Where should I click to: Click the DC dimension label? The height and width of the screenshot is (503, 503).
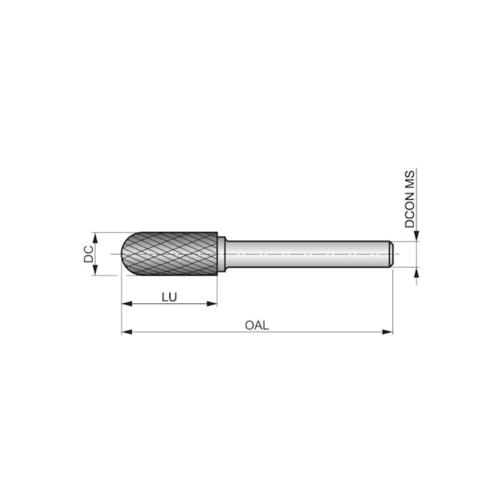[89, 253]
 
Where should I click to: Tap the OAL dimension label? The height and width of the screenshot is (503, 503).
[256, 325]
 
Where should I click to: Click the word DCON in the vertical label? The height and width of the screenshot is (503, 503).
[410, 208]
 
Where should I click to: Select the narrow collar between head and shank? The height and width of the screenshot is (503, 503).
[221, 253]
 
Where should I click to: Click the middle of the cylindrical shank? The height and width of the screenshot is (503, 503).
[310, 253]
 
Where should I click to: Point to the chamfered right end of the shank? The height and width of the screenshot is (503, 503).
[390, 253]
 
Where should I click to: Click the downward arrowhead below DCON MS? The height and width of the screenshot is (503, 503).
[416, 236]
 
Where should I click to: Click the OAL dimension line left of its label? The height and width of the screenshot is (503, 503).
[186, 333]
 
